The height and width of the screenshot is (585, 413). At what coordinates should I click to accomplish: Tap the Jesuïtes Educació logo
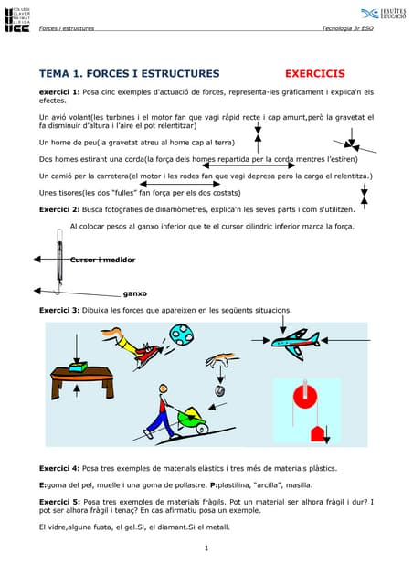(x=382, y=14)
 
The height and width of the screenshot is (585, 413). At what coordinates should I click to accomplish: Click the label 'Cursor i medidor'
(x=102, y=261)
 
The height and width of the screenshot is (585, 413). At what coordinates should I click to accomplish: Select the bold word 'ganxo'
(x=135, y=294)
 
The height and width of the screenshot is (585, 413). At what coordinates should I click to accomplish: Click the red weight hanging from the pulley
(x=317, y=431)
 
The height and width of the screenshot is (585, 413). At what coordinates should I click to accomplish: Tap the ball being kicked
(x=181, y=335)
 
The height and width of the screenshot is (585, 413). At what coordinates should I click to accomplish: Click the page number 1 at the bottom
(x=207, y=548)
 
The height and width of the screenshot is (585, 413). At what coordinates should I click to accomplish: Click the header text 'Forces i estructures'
(x=66, y=27)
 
